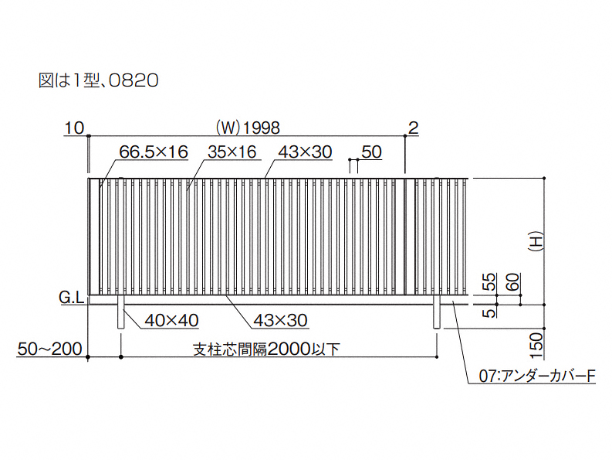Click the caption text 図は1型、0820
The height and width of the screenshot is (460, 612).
[x=98, y=80]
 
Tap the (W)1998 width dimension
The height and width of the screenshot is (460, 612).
[x=248, y=128]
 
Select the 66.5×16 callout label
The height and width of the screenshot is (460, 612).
[x=154, y=152]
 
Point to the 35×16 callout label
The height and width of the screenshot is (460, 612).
[x=232, y=152]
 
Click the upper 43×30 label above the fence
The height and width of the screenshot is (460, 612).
[x=305, y=152]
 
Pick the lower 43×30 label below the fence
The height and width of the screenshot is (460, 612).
[x=280, y=320]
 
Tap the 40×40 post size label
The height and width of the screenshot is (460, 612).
[x=171, y=320]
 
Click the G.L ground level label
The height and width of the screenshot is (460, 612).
[x=72, y=298]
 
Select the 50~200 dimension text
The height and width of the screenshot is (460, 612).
[x=49, y=349]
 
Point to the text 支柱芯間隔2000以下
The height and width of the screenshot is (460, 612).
[x=266, y=349]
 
